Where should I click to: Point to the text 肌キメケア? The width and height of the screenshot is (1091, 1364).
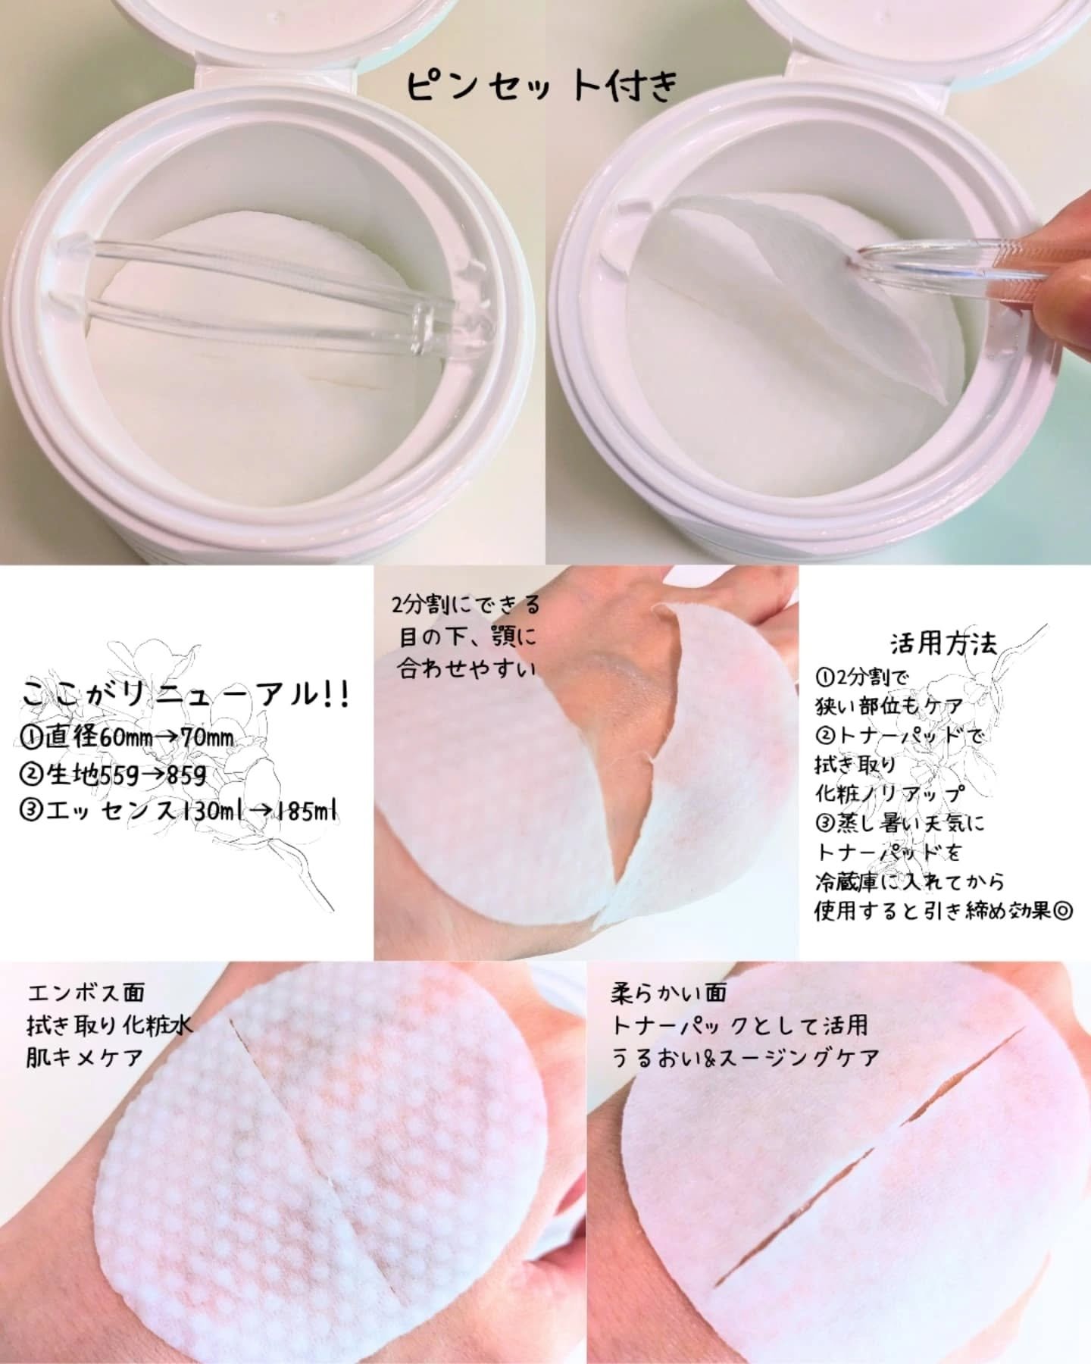coord(84,1056)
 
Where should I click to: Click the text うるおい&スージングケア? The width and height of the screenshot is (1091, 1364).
coord(746,1056)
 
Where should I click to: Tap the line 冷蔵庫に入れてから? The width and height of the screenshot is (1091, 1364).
coord(909,881)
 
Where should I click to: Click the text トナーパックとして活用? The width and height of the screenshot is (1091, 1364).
coord(740,1025)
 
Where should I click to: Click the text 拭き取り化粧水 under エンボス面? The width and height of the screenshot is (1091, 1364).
coord(109,1025)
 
